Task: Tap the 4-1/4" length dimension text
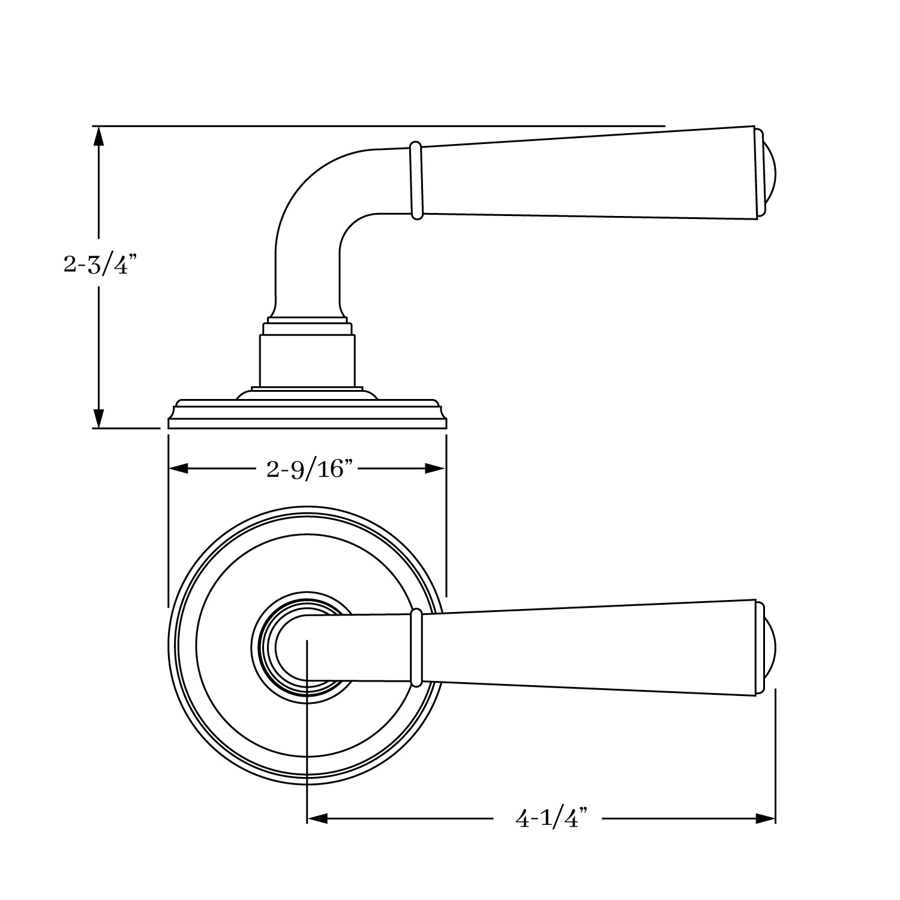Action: (550, 818)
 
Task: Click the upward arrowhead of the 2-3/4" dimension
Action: (99, 136)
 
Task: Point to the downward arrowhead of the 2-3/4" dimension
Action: (99, 418)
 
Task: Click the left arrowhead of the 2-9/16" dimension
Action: (179, 469)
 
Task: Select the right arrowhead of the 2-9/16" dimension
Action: (435, 469)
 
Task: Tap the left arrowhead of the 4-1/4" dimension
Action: (317, 818)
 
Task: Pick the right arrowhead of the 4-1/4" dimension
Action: (766, 818)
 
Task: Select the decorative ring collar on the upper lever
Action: (416, 181)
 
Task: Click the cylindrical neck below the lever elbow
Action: (307, 360)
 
